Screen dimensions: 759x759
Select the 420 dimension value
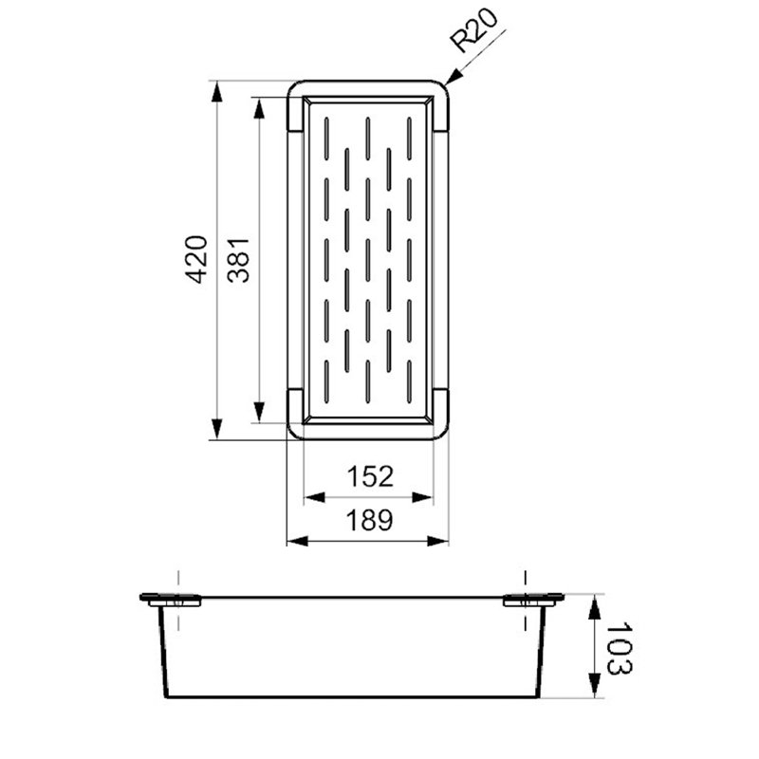pyautogui.click(x=196, y=259)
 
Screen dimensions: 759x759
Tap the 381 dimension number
pyautogui.click(x=239, y=260)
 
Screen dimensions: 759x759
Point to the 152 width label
pyautogui.click(x=370, y=476)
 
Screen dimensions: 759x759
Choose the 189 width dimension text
pyautogui.click(x=369, y=520)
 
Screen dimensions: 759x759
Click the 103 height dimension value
pyautogui.click(x=620, y=648)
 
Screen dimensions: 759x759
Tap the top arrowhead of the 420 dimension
pyautogui.click(x=217, y=92)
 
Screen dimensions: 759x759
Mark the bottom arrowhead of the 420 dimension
pyautogui.click(x=217, y=429)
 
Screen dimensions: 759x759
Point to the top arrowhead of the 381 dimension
pyautogui.click(x=259, y=108)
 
